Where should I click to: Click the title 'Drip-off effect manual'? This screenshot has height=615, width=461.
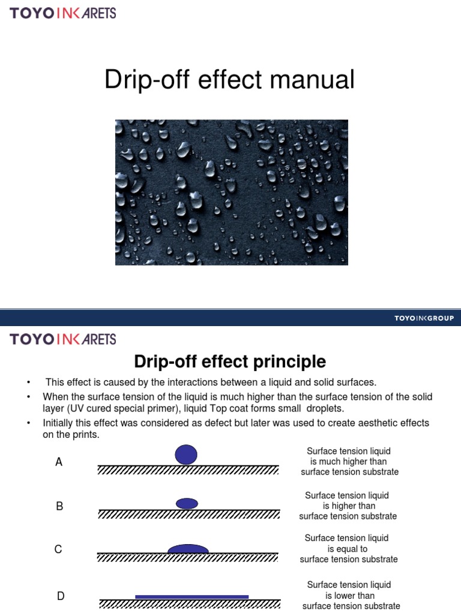pos(230,80)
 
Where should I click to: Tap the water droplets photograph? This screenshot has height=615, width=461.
pos(232,192)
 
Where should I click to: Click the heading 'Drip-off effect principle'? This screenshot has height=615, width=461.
pos(230,362)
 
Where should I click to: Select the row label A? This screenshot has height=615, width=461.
pos(59,462)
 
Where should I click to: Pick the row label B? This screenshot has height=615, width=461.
pos(59,506)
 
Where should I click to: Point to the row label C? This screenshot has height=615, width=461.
pos(59,549)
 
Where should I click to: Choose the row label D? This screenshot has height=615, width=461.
pos(61,596)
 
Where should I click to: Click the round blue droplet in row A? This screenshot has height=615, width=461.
pos(186,454)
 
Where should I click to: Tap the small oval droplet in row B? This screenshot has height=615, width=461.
pos(187,503)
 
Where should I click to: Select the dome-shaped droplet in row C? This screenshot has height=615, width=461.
pos(188,548)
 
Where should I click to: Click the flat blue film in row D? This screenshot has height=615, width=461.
pos(191,596)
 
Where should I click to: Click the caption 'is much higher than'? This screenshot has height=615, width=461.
pos(348,462)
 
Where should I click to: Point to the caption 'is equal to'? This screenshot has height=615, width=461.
pos(348,549)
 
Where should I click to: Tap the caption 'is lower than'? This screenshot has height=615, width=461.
pos(350,596)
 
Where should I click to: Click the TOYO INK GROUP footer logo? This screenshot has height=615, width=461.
pos(424,318)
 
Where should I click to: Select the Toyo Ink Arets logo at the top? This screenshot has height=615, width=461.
pos(63,13)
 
